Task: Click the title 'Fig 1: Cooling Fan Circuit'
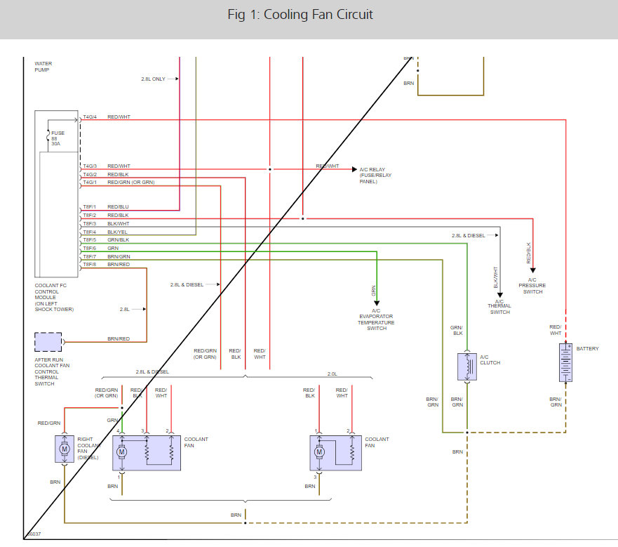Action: (x=300, y=15)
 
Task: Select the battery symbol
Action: (x=565, y=362)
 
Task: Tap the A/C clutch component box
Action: (x=466, y=367)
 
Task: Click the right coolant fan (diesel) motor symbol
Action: (x=64, y=449)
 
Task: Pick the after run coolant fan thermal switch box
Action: (x=48, y=342)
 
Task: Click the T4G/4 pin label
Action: (x=90, y=117)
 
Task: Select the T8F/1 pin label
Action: (x=90, y=206)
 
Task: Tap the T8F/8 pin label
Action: (x=90, y=265)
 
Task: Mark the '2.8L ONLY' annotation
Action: (x=153, y=79)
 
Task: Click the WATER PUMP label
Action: (x=43, y=67)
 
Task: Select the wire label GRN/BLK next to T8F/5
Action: (x=118, y=240)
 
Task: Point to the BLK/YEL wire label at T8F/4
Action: (x=118, y=232)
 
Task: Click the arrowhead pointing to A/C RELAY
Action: (x=354, y=169)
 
